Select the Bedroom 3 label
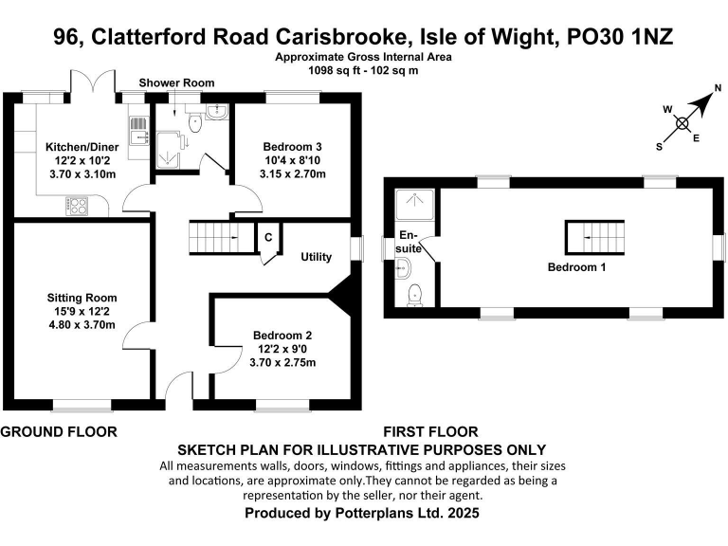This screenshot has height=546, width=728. click(x=292, y=147)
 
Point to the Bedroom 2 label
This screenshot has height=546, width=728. click(x=282, y=335)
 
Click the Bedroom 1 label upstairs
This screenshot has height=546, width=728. click(x=576, y=267)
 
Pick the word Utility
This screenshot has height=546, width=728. click(x=316, y=257)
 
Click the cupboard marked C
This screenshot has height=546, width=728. click(x=268, y=236)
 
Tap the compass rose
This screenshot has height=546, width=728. click(x=682, y=120)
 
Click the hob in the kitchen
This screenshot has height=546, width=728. click(x=77, y=204)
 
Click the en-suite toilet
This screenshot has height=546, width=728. click(x=412, y=297)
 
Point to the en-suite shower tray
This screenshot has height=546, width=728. click(x=413, y=202)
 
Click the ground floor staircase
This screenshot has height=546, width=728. click(x=213, y=234)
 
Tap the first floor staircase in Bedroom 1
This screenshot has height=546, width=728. click(x=597, y=233)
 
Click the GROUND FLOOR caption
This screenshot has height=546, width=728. click(x=59, y=432)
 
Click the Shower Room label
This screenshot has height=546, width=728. click(x=177, y=83)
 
